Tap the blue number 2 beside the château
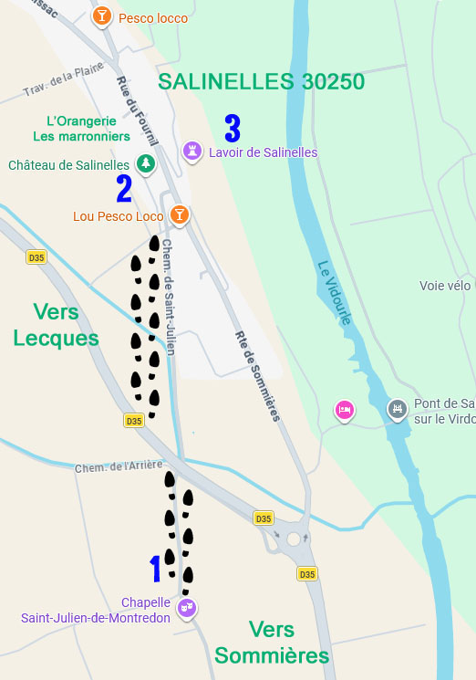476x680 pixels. pos(124,188)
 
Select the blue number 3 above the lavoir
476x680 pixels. pos(233,129)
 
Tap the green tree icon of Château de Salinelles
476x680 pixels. pos(144,163)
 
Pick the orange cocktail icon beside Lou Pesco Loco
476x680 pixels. pos(180,214)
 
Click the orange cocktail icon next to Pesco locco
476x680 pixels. pos(102,16)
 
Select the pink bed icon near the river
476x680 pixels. pos(344,410)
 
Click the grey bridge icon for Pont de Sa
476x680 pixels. pos(397,407)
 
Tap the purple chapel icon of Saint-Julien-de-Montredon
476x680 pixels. pos(186,607)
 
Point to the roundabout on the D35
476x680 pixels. pos(293,539)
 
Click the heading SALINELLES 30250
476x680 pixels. pos(261,81)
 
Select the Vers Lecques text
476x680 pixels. pos(56,325)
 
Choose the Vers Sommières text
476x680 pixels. pos(272,643)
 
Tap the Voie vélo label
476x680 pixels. pos(445,286)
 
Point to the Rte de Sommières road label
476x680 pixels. pos(257,374)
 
